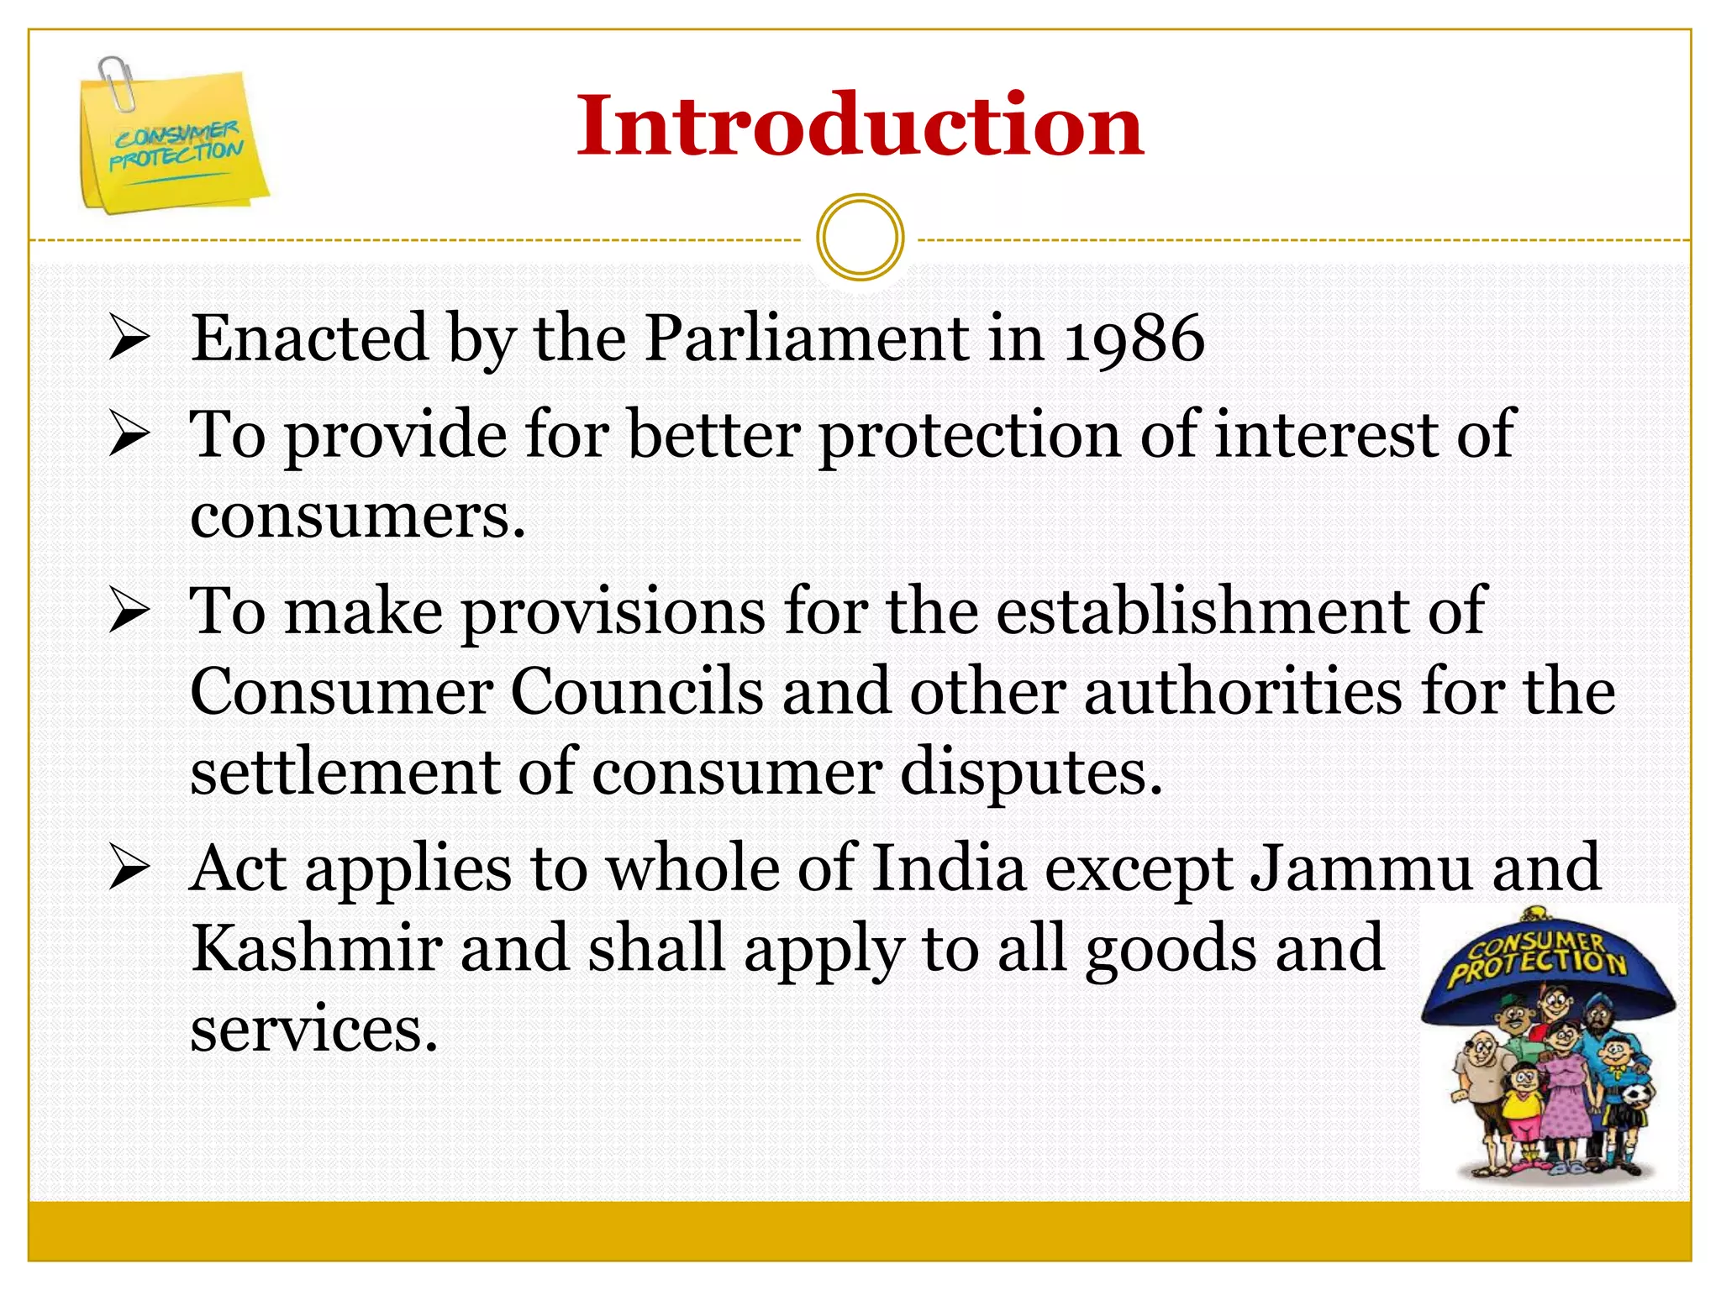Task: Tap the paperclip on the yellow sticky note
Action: click(x=116, y=82)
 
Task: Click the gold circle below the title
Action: click(x=860, y=237)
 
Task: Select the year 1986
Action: click(x=1134, y=338)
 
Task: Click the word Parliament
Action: click(x=807, y=338)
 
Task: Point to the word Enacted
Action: click(x=309, y=338)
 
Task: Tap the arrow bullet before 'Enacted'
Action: click(x=129, y=339)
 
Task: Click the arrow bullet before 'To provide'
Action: click(x=129, y=436)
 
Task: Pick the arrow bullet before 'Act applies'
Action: click(x=129, y=869)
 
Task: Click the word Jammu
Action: click(x=1361, y=868)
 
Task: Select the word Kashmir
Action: click(x=316, y=948)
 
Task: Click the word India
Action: click(x=950, y=868)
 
